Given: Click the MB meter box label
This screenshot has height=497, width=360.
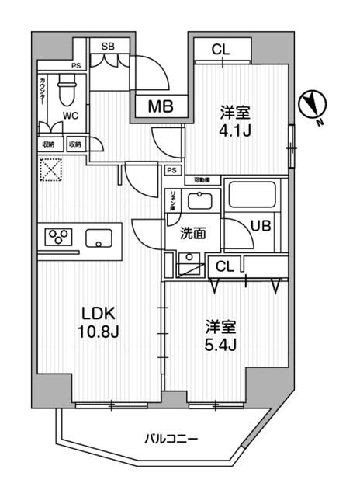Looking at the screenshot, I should coord(161,106).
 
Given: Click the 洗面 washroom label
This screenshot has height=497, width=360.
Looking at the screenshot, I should coord(193,232).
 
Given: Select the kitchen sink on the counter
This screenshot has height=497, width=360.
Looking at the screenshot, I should coord(99,238).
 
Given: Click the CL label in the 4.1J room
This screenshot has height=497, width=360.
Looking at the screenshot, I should coord(222,50).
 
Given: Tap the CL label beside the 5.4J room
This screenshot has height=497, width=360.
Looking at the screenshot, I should coord(223,267).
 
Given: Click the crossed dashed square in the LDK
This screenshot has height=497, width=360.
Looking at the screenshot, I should coord(50,170).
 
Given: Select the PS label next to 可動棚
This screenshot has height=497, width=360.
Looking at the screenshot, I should coord(170,170).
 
